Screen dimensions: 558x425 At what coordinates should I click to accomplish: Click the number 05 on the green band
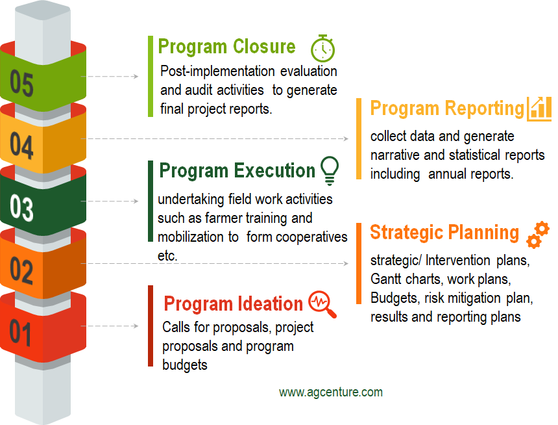[x=21, y=83]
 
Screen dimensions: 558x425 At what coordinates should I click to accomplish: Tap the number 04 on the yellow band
[x=21, y=145]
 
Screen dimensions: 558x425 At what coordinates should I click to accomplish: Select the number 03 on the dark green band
[x=21, y=207]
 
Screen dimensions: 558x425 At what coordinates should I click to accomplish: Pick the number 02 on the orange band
[x=21, y=270]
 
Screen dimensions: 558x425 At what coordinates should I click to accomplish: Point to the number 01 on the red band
[x=20, y=332]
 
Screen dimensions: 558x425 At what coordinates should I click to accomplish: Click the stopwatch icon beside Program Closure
[x=322, y=49]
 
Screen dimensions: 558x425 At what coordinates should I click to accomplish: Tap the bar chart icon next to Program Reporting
[x=539, y=109]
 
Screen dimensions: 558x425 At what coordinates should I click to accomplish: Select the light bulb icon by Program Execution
[x=330, y=170]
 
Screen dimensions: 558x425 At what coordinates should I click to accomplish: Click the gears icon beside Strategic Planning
[x=538, y=234]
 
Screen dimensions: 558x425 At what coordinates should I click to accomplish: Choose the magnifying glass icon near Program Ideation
[x=322, y=303]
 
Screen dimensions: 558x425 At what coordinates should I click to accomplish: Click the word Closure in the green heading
[x=265, y=47]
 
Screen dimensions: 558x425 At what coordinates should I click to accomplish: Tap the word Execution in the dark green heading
[x=274, y=170]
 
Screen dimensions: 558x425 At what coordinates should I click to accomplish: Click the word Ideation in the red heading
[x=271, y=303]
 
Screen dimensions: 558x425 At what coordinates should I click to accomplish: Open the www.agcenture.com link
[x=331, y=393]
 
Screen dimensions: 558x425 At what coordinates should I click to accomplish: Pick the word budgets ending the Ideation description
[x=185, y=365]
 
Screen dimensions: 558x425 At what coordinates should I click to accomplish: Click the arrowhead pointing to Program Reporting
[x=346, y=138]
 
